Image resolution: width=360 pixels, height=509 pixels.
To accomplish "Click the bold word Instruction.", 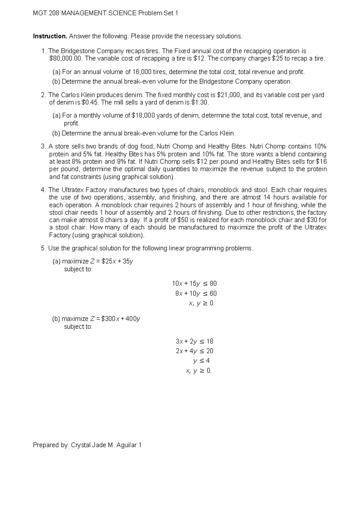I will coord(50,36).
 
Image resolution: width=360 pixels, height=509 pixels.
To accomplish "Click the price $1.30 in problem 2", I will coord(199,103).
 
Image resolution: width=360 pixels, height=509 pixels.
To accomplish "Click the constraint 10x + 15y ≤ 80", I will coord(194,284).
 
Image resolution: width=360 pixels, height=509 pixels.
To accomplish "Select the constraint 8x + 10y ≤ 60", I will coord(196,294).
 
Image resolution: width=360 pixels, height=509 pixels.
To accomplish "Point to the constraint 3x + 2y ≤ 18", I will coord(194,342).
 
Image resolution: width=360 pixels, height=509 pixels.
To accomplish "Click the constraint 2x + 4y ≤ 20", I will coord(194,351).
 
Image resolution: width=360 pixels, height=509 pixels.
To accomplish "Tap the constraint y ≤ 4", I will coord(201,361).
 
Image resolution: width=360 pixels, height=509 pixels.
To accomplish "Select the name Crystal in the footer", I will coord(80,445).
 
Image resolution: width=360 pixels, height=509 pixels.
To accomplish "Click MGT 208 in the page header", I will coord(46,14).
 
